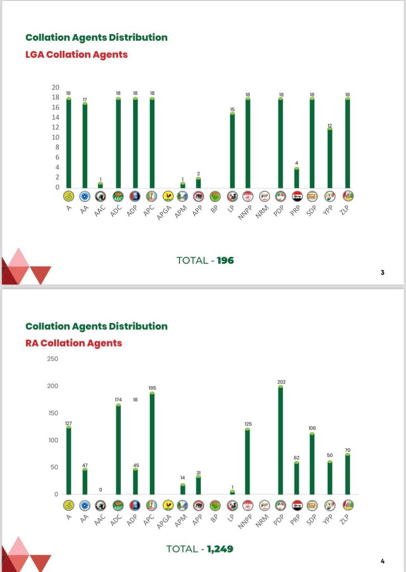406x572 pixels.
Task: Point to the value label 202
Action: (281, 382)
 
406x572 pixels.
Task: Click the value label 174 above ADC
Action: (119, 400)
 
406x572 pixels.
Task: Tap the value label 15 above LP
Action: (232, 110)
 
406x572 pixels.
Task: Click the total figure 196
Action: (225, 260)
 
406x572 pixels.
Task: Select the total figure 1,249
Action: (220, 549)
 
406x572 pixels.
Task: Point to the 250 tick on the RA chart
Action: (53, 358)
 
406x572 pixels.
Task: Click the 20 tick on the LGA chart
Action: (55, 87)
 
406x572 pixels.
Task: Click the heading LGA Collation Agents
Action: (77, 55)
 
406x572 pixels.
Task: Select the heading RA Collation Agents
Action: (74, 343)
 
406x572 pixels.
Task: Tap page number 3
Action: (383, 272)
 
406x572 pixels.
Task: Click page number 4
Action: (383, 561)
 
